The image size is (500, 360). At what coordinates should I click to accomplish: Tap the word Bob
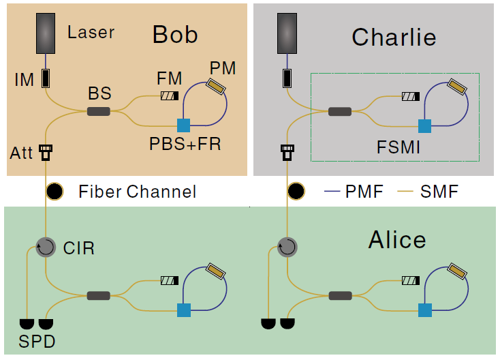(x=175, y=35)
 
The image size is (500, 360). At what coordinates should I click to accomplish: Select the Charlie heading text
(x=394, y=37)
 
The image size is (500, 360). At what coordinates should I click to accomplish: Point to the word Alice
(x=397, y=240)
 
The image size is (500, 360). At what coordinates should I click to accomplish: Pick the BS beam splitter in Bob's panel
(x=99, y=110)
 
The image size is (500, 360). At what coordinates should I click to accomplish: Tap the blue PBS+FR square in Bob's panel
(x=183, y=125)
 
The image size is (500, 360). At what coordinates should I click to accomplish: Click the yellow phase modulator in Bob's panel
(x=217, y=87)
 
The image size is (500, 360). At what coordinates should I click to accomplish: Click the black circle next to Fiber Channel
(x=54, y=192)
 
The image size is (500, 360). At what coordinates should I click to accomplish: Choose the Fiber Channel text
(x=137, y=192)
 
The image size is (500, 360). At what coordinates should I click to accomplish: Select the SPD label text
(x=37, y=341)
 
